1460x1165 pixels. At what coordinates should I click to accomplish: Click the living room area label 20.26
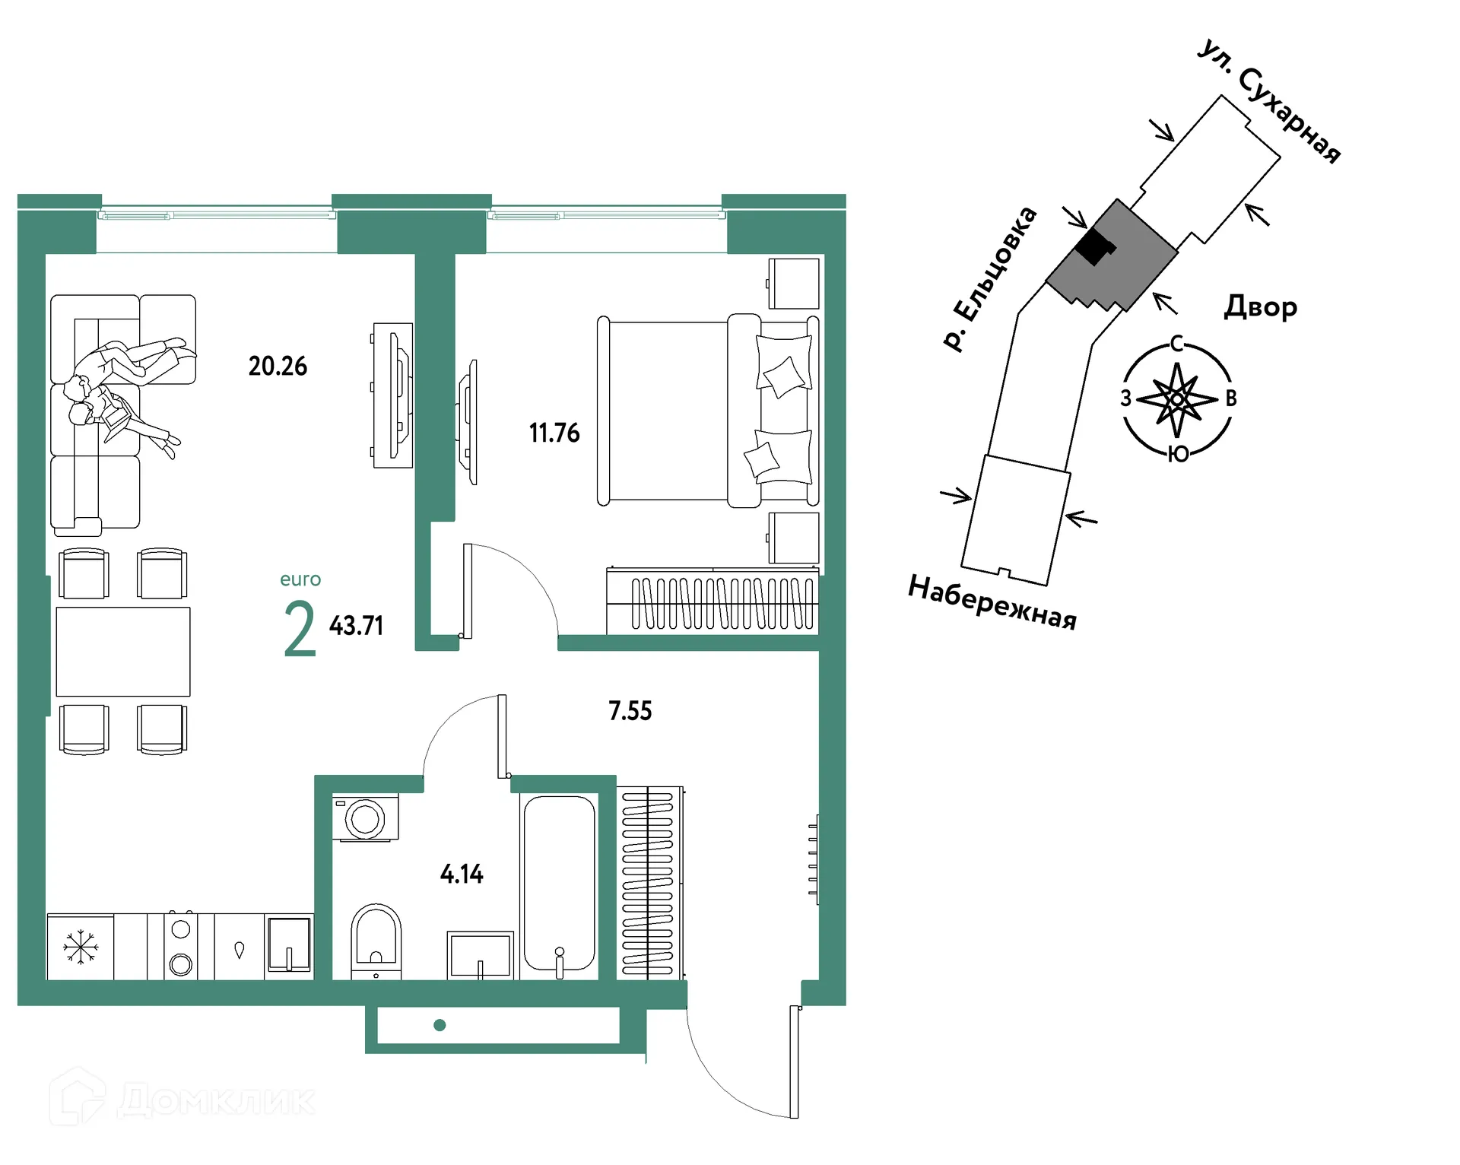(278, 367)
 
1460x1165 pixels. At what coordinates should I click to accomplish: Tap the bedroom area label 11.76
(554, 433)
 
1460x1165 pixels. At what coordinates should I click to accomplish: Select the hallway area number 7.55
(630, 711)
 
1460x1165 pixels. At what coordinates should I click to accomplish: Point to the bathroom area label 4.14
(462, 875)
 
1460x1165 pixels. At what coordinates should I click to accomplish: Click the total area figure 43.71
(356, 626)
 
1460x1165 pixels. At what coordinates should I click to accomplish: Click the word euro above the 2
(300, 579)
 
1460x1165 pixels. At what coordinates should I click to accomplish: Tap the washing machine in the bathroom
(366, 818)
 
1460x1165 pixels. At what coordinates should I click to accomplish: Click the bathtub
(559, 884)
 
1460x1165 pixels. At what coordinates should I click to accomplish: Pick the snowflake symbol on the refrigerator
(80, 948)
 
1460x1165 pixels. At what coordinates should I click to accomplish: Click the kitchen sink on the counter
(289, 944)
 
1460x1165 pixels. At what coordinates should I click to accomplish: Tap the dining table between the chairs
(123, 652)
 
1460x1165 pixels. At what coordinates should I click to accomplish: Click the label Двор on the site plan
(1260, 307)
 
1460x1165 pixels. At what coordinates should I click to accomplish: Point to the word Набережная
(992, 603)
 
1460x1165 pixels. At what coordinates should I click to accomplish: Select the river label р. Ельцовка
(989, 278)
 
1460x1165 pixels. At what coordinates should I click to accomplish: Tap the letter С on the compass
(1176, 344)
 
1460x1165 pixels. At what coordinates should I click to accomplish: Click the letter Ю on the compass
(1178, 455)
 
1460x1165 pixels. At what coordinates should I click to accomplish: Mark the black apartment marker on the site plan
(1095, 246)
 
